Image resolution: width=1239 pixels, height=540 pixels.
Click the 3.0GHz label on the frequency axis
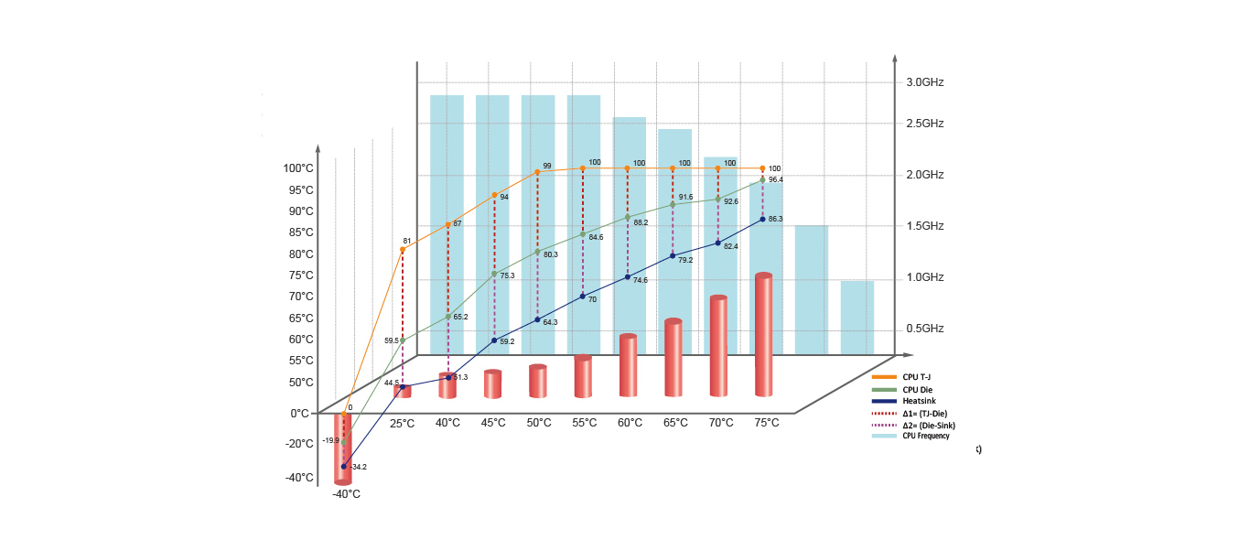tap(924, 82)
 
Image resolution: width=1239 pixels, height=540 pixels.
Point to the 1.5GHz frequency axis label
tap(924, 226)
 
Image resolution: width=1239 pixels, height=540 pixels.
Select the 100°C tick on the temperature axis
tap(298, 168)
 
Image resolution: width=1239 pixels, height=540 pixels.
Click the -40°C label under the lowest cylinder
tap(345, 494)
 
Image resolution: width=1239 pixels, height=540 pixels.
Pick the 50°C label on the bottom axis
tap(538, 423)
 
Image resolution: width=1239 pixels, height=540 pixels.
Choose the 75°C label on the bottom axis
tap(766, 423)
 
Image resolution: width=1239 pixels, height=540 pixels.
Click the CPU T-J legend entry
tap(916, 376)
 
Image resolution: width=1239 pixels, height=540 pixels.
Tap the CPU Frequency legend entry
tap(925, 436)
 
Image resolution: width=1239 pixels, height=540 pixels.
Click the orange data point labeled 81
tap(403, 249)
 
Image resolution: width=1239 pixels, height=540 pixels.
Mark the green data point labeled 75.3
tap(494, 274)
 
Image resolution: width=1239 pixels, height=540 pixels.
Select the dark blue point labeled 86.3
tap(762, 219)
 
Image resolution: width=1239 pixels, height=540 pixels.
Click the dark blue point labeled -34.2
tap(344, 467)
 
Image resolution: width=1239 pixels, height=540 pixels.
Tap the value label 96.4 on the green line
tap(775, 179)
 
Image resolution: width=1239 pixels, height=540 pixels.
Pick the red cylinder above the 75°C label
tap(763, 334)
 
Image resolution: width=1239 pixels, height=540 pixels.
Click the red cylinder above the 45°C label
tap(493, 383)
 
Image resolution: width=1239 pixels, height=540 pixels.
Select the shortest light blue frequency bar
tap(857, 317)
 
